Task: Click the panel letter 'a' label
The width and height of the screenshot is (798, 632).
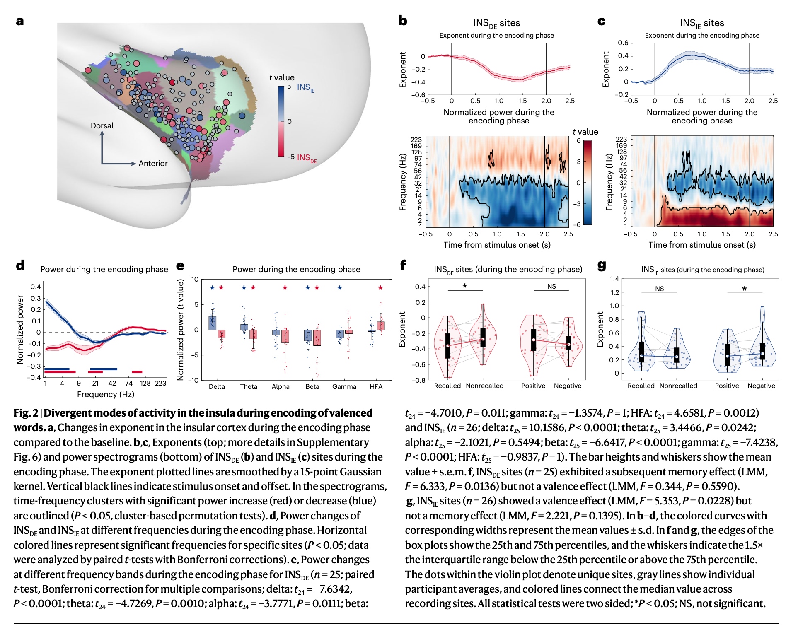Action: pos(19,21)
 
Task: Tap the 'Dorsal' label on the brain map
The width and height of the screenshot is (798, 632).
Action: pos(102,125)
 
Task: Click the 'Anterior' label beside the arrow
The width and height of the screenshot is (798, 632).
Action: pos(153,164)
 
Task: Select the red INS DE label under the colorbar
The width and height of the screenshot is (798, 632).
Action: pos(307,158)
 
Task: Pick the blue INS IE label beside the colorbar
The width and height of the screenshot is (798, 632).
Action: pos(305,87)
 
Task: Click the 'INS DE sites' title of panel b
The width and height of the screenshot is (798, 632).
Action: pos(496,23)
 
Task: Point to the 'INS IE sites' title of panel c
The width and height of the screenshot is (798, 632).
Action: pos(701,23)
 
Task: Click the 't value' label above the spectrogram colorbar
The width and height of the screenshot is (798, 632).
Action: pos(585,132)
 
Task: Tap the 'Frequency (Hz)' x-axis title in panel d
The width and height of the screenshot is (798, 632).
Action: pos(105,394)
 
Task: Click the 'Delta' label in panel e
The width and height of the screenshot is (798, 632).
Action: pos(217,386)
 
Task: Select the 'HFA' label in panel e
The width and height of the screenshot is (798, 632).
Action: pos(376,386)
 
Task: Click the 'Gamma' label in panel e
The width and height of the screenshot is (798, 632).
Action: pos(344,386)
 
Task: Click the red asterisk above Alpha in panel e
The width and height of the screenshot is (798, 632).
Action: pos(285,288)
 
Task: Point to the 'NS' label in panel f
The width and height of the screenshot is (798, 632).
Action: pos(551,286)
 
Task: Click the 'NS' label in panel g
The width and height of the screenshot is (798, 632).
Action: pos(659,289)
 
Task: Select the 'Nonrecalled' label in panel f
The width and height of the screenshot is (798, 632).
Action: pos(484,386)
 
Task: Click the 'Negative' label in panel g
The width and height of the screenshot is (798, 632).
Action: pos(761,386)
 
